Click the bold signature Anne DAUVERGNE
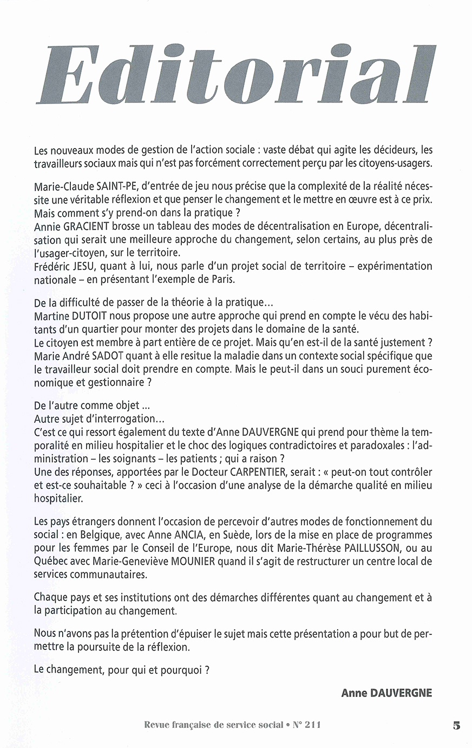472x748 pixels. point(386,693)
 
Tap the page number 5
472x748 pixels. point(457,725)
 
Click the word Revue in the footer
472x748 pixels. point(157,725)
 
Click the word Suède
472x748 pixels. point(241,535)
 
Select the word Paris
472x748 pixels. point(234,280)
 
